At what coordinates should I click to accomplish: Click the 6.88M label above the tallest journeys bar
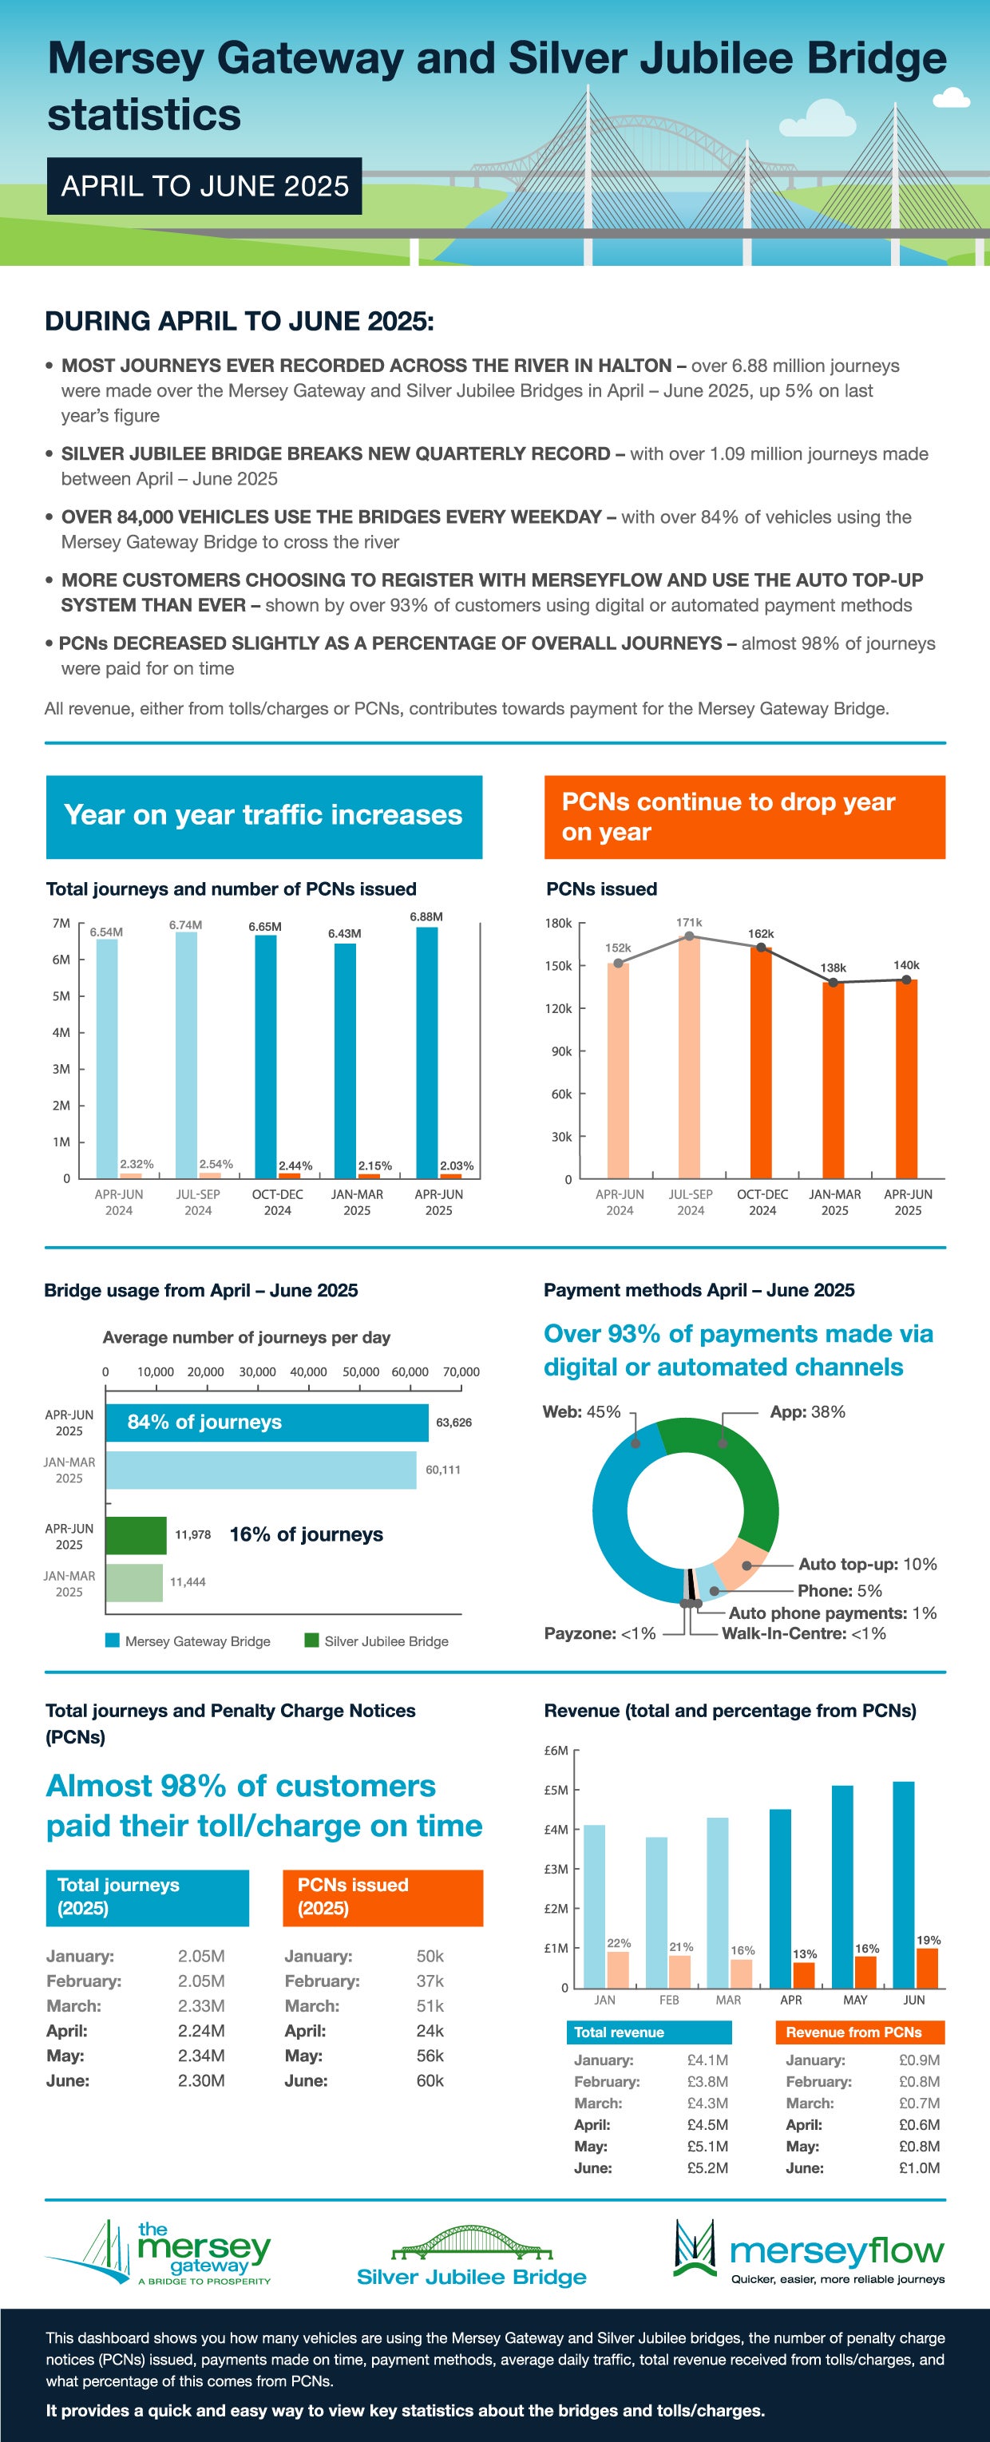pos(426,916)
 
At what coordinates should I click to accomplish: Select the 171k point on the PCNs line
pos(689,936)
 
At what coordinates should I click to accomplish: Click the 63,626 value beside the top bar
pos(453,1422)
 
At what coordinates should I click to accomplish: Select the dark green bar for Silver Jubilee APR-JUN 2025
pos(136,1535)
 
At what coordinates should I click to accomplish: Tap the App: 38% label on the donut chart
pos(807,1411)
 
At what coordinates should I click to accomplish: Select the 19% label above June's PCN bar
pos(929,1941)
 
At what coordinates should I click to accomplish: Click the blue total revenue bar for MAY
pos(842,1886)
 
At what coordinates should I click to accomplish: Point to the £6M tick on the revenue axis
pos(556,1751)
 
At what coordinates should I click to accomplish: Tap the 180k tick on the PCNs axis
pos(559,924)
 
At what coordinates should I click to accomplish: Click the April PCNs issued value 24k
pos(430,2031)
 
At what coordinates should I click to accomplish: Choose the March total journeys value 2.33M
pos(201,2006)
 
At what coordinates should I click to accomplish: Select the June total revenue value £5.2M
pos(707,2168)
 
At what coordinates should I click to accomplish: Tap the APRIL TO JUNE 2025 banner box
pos(205,186)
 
